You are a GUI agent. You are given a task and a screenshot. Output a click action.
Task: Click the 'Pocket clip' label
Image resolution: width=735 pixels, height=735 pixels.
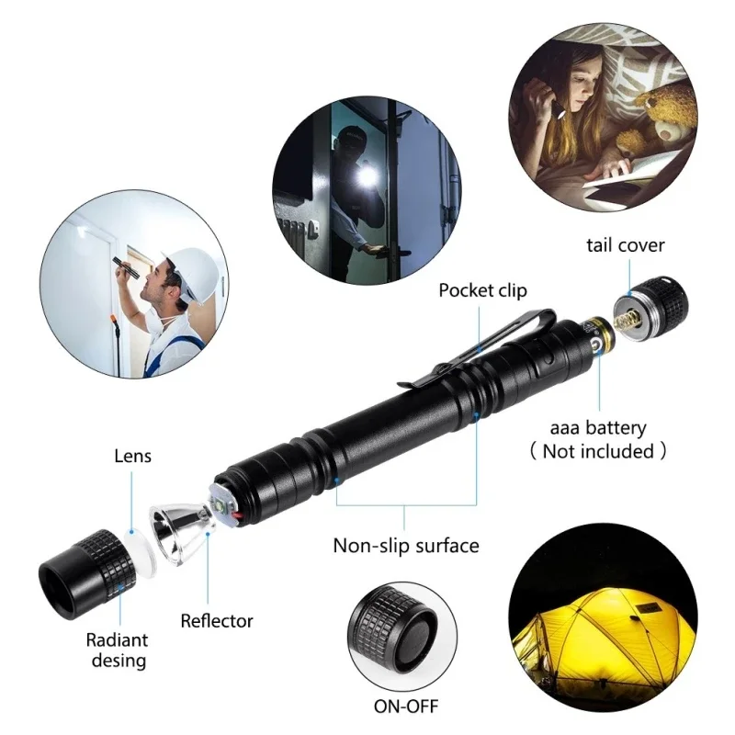[x=482, y=290]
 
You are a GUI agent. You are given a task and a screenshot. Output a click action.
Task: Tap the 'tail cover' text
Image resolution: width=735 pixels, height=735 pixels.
[x=626, y=244]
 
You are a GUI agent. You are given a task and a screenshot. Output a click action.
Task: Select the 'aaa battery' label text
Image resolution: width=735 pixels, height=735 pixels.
[x=598, y=427]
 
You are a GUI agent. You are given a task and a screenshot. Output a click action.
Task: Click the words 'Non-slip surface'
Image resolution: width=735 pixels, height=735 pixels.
[x=405, y=545]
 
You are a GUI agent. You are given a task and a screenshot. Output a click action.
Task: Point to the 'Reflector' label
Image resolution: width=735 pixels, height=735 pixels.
[x=217, y=621]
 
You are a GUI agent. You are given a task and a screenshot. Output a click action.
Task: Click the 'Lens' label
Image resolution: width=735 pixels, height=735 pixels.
[x=132, y=455]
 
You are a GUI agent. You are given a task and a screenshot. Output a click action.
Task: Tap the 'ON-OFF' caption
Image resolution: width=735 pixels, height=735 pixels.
[x=406, y=707]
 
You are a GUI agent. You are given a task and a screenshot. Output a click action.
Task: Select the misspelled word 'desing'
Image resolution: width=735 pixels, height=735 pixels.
[x=117, y=660]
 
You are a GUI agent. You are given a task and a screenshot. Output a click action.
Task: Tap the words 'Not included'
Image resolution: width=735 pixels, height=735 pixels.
[x=598, y=451]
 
